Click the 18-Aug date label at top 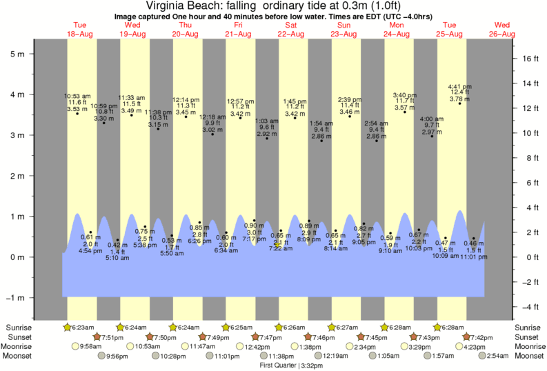(x=81, y=34)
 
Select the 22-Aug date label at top (x=291, y=34)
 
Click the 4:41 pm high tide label (x=459, y=86)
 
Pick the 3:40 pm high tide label (x=404, y=94)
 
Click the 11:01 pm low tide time (x=474, y=256)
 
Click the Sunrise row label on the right (x=530, y=327)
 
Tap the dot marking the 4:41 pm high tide (x=460, y=103)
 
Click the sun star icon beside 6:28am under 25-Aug (x=437, y=327)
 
